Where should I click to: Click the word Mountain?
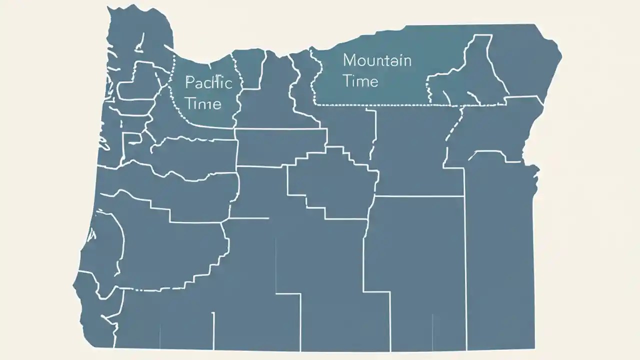click(377, 60)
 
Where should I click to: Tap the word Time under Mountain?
click(360, 80)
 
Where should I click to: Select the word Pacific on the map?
click(208, 82)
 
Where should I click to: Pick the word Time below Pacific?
click(203, 103)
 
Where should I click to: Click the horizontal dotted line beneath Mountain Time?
click(380, 105)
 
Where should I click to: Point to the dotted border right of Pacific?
click(239, 85)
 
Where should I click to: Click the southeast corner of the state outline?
click(534, 348)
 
